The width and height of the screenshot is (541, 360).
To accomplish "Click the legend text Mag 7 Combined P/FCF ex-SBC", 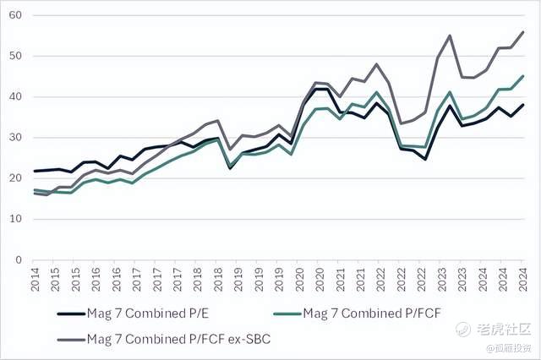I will (168, 340).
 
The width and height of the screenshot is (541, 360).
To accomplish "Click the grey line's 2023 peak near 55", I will (449, 35).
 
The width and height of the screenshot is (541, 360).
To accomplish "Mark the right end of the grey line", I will (524, 32).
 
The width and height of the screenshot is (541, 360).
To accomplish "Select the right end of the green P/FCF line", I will (524, 76).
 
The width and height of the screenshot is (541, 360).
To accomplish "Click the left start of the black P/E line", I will (34, 171).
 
